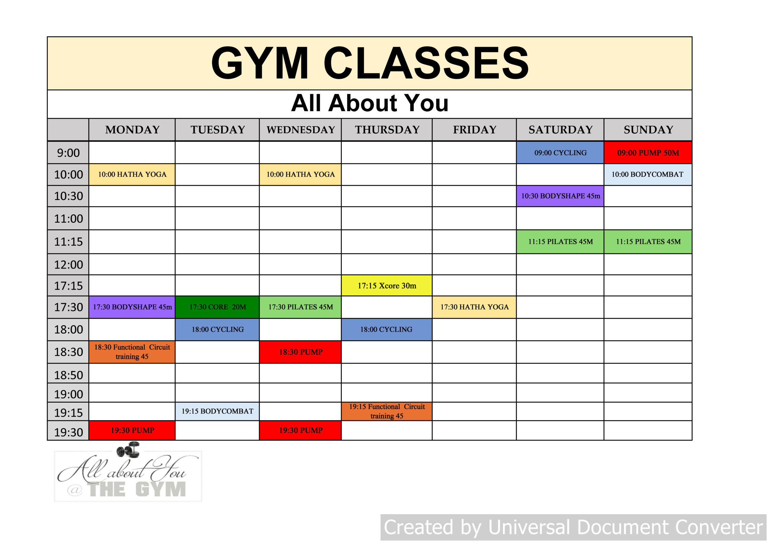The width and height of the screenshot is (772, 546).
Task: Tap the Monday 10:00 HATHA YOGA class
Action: pyautogui.click(x=132, y=174)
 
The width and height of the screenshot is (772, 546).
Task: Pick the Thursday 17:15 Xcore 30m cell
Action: pyautogui.click(x=387, y=286)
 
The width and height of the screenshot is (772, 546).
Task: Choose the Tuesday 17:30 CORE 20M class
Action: pyautogui.click(x=217, y=307)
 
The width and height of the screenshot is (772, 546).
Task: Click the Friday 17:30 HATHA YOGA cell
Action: pyautogui.click(x=474, y=307)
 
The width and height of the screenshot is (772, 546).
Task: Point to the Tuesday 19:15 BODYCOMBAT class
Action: pyautogui.click(x=217, y=411)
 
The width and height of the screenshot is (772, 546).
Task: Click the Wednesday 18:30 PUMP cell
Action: pyautogui.click(x=300, y=352)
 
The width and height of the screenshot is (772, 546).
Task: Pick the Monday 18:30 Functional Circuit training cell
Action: pyautogui.click(x=132, y=352)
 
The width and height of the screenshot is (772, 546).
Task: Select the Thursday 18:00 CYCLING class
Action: pyautogui.click(x=387, y=329)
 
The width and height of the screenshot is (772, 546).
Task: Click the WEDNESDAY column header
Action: pyautogui.click(x=300, y=129)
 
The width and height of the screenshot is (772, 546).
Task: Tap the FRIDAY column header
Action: pyautogui.click(x=474, y=129)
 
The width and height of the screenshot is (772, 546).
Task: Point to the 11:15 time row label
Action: pyautogui.click(x=68, y=242)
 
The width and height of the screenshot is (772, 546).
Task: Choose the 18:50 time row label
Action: pyautogui.click(x=68, y=375)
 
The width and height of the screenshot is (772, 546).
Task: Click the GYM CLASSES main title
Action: pyautogui.click(x=370, y=63)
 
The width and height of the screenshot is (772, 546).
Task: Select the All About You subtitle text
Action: pyautogui.click(x=370, y=103)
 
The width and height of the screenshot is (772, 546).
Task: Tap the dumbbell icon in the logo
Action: pyautogui.click(x=128, y=449)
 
